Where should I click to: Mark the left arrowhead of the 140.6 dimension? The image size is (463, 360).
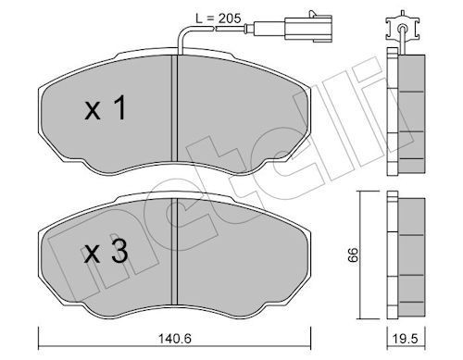(40, 330)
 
